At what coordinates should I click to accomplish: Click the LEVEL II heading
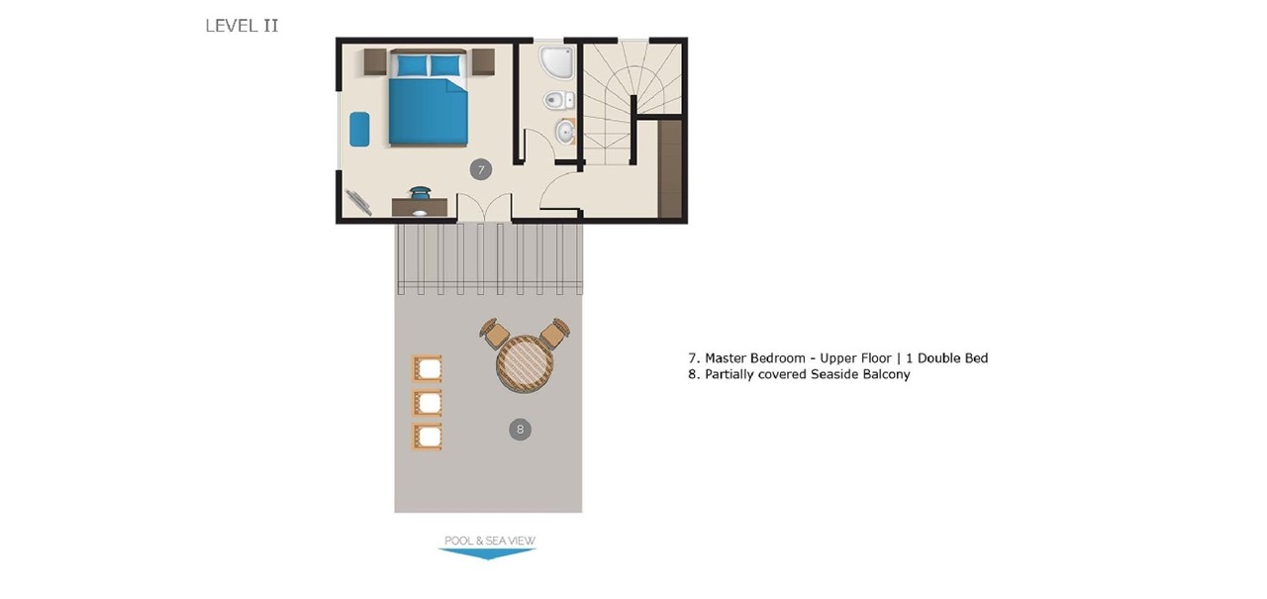click(242, 26)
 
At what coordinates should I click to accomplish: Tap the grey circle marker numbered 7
click(480, 170)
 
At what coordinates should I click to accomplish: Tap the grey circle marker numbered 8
click(520, 429)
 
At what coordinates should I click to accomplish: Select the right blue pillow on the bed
click(445, 65)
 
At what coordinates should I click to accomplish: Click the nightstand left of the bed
click(375, 62)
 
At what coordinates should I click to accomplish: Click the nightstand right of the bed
click(482, 62)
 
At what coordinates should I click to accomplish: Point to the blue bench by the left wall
click(359, 130)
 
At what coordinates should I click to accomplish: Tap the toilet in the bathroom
click(558, 99)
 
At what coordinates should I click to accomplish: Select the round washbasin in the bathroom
click(566, 131)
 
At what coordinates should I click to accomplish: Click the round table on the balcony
click(525, 364)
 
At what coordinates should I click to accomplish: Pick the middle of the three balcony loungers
click(427, 403)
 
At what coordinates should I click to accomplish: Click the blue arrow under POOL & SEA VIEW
click(487, 553)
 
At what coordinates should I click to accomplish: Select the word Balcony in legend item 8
click(886, 375)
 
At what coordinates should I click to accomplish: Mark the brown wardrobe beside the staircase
click(670, 168)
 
